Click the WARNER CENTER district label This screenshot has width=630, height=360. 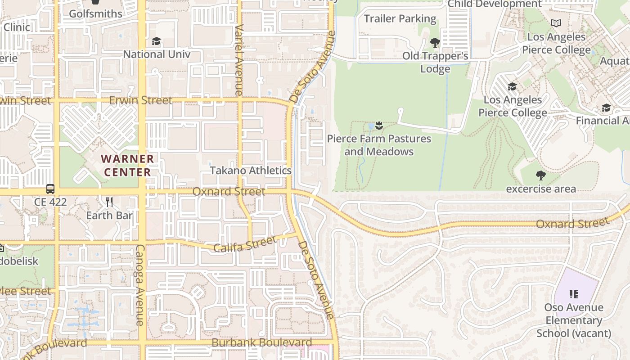point(127,166)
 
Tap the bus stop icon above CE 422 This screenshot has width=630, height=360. point(50,189)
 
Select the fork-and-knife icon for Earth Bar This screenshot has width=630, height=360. point(109,201)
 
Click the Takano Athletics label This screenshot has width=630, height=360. point(251,171)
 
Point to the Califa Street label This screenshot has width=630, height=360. point(244,244)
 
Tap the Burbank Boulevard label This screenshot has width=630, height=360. point(261,342)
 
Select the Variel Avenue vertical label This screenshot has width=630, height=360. point(238,59)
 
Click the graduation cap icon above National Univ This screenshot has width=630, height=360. point(156,41)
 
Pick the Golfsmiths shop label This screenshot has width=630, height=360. point(95,14)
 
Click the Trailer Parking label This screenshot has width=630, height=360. point(400,19)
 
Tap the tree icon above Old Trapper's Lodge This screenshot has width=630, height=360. point(435,43)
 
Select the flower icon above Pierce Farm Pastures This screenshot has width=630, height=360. point(379,126)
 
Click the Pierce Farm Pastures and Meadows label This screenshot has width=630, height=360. point(379,145)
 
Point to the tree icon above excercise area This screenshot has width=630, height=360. point(541,175)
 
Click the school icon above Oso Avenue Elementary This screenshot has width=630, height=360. point(573,294)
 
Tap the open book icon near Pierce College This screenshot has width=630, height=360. point(556,23)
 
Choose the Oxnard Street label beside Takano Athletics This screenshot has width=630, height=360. point(229,192)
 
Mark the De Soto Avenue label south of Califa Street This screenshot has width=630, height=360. point(317,280)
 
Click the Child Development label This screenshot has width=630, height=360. point(495,4)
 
